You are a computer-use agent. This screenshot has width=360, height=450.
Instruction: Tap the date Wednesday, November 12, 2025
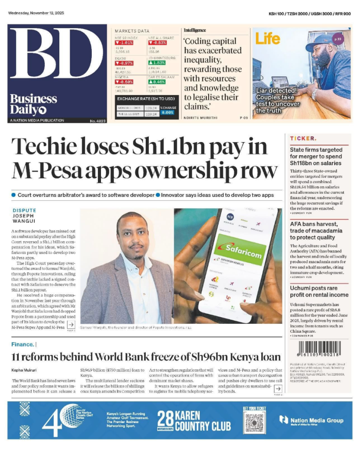click(36, 13)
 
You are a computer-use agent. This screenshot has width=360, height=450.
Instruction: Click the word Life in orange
click(268, 39)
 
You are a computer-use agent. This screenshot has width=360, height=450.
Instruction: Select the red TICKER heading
click(302, 138)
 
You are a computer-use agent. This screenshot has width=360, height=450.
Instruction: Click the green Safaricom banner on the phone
click(241, 249)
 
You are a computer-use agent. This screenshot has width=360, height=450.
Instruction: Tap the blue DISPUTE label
click(24, 210)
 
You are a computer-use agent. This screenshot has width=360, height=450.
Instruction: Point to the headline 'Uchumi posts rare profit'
click(319, 291)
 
